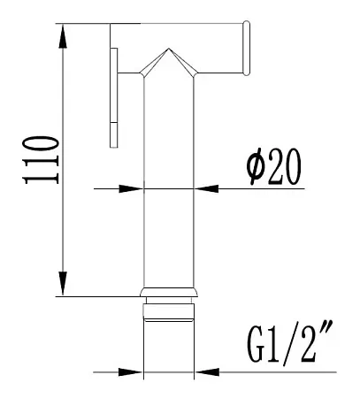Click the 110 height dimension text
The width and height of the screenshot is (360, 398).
click(x=42, y=160)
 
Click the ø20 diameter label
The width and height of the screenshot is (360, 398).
click(x=274, y=166)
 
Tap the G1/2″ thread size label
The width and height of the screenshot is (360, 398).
click(x=290, y=342)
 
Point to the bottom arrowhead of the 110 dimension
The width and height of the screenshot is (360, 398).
click(x=63, y=283)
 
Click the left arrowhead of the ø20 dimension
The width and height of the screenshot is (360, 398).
click(x=131, y=188)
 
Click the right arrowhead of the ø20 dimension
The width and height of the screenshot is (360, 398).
click(x=206, y=188)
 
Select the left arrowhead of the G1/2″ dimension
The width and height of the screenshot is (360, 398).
click(x=131, y=372)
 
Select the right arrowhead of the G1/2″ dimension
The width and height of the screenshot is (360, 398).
click(x=207, y=372)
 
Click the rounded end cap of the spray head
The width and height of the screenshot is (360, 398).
click(x=246, y=48)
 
